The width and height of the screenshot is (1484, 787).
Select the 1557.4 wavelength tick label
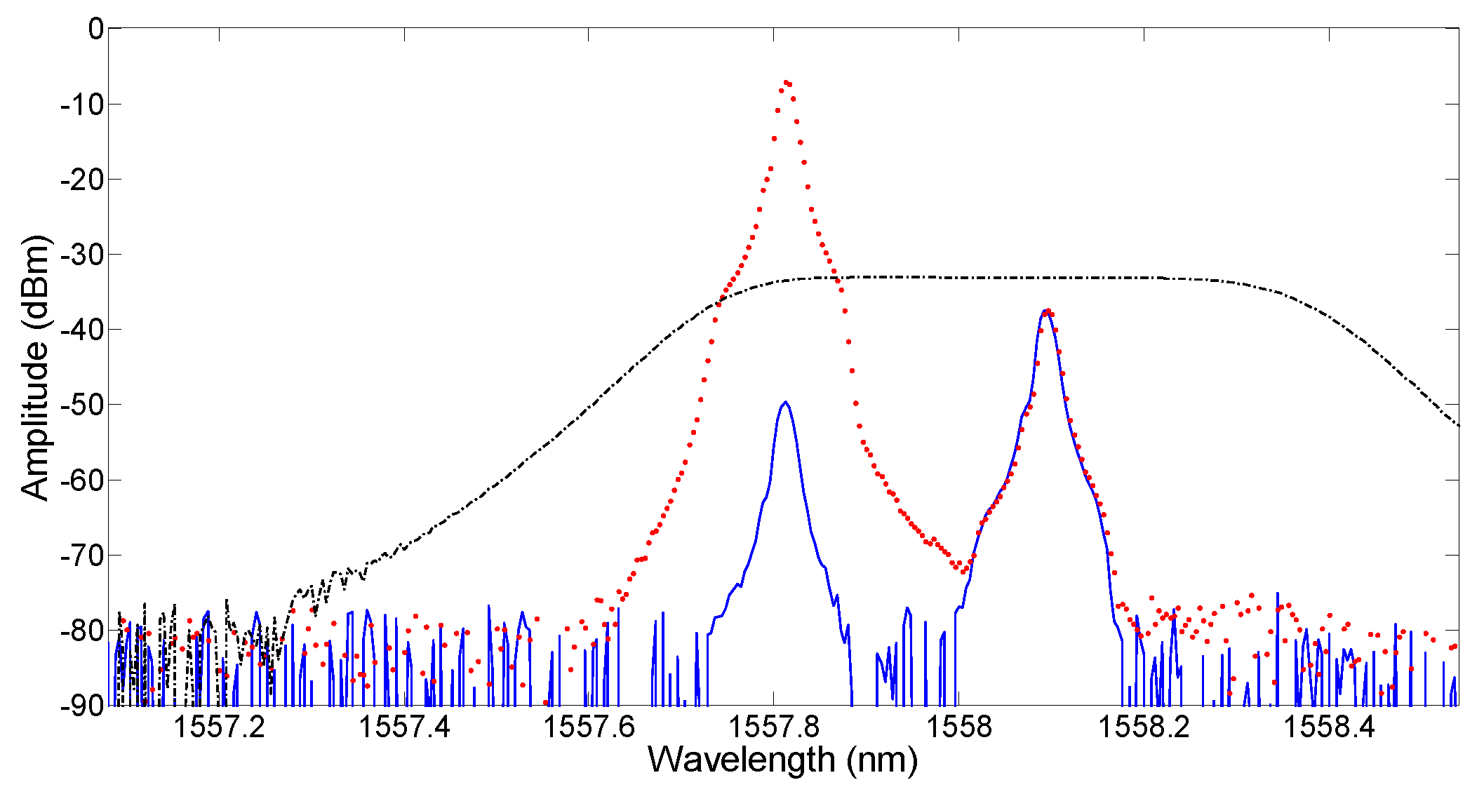tap(404, 727)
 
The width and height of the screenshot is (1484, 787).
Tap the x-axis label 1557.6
tap(589, 727)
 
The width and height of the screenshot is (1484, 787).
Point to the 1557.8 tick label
tap(775, 727)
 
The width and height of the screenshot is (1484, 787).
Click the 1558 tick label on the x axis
tap(960, 727)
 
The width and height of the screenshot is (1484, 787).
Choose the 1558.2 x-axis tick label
tap(1145, 727)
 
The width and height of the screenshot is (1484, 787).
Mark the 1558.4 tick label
tap(1330, 727)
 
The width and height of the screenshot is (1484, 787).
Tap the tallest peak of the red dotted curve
tap(786, 82)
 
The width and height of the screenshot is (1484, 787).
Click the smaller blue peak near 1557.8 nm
tap(785, 403)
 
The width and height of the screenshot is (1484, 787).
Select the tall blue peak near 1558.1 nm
tap(1046, 310)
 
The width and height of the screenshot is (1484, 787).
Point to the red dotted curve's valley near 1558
tap(963, 570)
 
